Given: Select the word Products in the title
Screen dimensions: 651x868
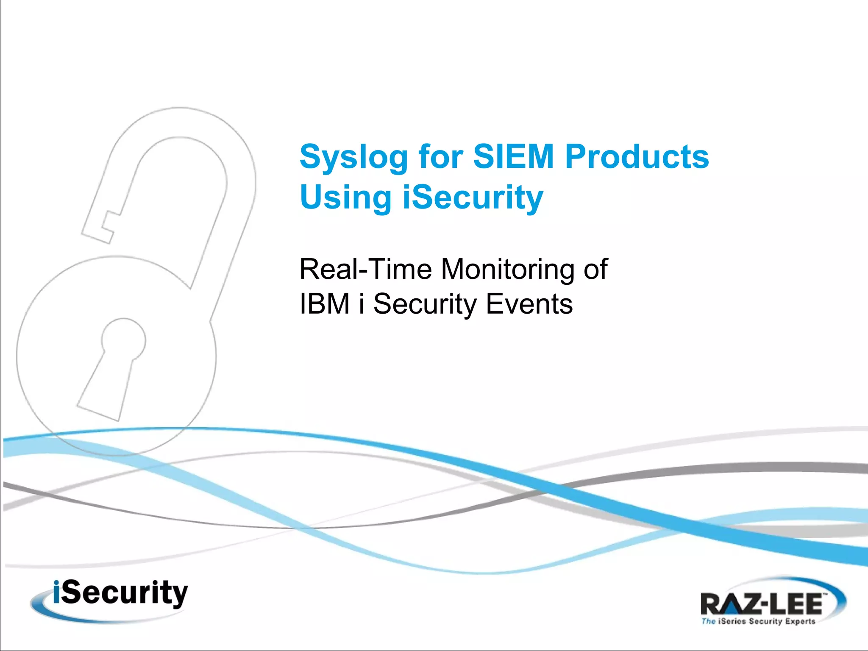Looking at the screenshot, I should pos(637,156).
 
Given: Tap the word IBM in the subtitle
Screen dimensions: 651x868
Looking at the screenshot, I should pos(324,304).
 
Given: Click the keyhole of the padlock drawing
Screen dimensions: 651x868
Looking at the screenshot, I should pos(114,364).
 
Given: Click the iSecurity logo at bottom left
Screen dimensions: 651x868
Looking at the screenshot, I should pos(114,598).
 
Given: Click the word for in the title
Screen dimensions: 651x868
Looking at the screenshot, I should pos(440,156).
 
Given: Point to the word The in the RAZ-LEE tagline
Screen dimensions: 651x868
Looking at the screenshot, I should pos(708,622).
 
